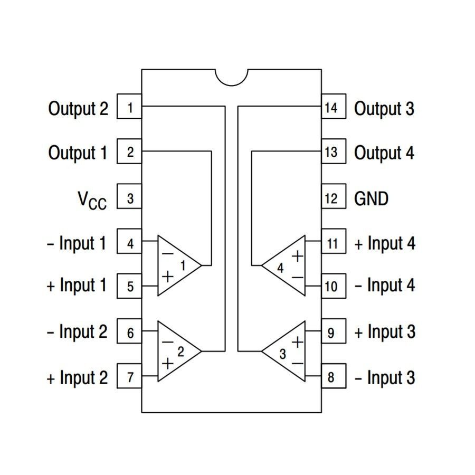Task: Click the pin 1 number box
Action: [129, 108]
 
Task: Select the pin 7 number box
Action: [129, 377]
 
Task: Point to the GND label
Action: [372, 198]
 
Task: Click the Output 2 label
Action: [78, 109]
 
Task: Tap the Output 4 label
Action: [384, 153]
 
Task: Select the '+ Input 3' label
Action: [385, 332]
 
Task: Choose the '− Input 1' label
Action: [77, 243]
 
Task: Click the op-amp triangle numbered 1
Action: [177, 265]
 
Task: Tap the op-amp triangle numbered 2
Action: [177, 351]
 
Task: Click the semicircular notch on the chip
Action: [232, 77]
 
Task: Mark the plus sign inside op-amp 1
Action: [168, 276]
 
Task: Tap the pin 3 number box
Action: [129, 198]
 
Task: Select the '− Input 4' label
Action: [385, 286]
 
